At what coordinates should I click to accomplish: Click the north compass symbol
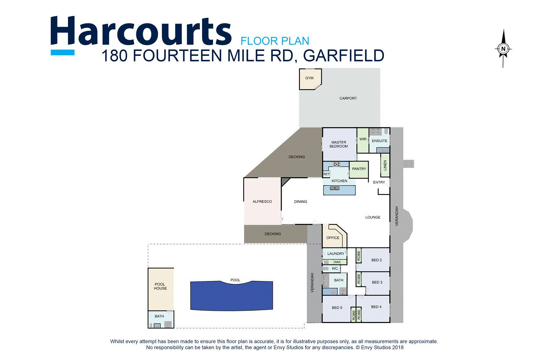pos(503,49)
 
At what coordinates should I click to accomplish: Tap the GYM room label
pos(309,78)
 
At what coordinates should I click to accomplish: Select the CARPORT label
pos(348,98)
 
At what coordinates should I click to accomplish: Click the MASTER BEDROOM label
pos(338,144)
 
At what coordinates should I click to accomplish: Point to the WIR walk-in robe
pos(363,139)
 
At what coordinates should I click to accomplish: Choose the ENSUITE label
pos(379,141)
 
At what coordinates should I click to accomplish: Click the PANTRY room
pos(359,169)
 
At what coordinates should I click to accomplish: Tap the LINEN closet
pos(385,165)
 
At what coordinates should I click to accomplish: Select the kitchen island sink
pos(334,188)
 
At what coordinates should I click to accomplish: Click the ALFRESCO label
pos(262,202)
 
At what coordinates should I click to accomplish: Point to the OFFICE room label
pos(333,238)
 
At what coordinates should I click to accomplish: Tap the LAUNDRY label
pos(336,254)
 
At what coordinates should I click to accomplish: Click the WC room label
pos(335,269)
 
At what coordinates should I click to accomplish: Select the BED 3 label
pos(377,282)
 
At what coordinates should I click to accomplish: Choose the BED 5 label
pos(337,308)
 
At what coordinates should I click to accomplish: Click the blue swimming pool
pos(231,296)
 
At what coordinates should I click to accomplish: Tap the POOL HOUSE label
pos(160,286)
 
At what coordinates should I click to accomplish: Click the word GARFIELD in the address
pos(344,56)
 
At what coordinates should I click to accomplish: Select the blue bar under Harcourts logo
pos(63,52)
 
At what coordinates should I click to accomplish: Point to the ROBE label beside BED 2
pos(359,256)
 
